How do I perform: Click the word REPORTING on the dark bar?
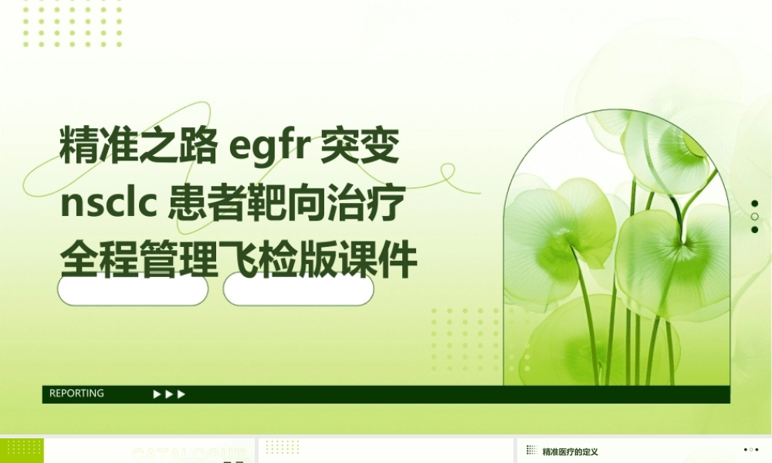76,394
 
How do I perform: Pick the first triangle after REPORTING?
157,394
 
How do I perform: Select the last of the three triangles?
182,394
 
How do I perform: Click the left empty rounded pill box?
133,290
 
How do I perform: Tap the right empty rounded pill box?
299,290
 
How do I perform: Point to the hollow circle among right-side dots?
754,217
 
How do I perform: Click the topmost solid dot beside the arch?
754,204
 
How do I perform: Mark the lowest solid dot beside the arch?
754,230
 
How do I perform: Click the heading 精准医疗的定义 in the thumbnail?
571,451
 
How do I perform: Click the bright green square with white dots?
22,451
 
